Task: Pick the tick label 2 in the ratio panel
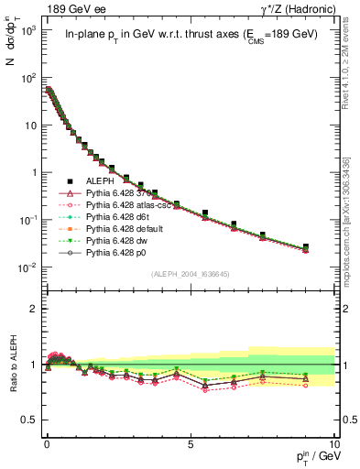coord(31,309)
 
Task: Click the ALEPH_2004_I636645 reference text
coord(190,274)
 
